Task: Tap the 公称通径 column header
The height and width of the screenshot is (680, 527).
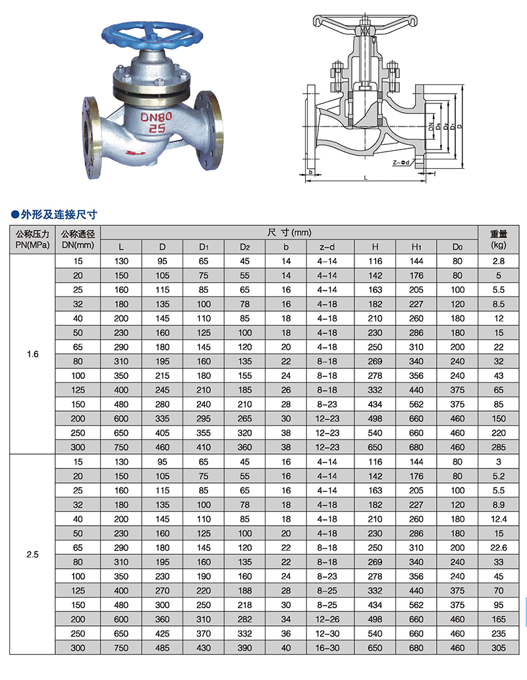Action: [78, 239]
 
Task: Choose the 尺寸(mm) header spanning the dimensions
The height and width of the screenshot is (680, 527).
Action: [290, 232]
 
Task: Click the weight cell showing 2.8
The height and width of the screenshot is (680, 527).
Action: [498, 262]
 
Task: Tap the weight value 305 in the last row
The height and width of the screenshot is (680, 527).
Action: [498, 649]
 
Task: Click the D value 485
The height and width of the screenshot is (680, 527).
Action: [162, 649]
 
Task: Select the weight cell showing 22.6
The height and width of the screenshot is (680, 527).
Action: [498, 548]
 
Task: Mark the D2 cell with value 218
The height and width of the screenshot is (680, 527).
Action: [244, 605]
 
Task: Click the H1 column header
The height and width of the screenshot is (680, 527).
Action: [416, 247]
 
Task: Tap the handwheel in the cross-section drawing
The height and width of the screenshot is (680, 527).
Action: [364, 20]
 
